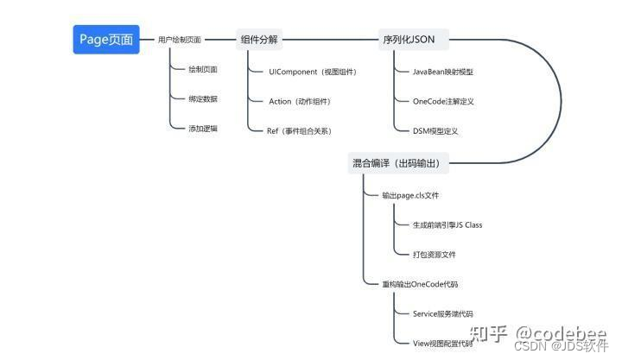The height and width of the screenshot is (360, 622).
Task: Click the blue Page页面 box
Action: (106, 39)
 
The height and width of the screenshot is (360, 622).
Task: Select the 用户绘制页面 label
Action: (180, 40)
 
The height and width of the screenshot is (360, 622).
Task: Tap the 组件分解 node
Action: (260, 40)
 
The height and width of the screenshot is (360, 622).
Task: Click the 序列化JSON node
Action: (409, 40)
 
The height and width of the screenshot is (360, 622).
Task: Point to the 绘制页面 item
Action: (203, 69)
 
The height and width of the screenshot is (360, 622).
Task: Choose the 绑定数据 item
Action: (203, 98)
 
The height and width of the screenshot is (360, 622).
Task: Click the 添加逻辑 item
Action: (203, 128)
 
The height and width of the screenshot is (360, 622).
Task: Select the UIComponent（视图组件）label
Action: (312, 72)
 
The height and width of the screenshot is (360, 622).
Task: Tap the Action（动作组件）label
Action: (300, 101)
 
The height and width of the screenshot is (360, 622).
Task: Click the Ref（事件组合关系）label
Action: (300, 130)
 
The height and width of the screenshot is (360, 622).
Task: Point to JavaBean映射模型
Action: (442, 72)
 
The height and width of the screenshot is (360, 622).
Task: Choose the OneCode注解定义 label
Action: (443, 101)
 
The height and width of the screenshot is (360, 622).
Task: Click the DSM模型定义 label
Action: (435, 130)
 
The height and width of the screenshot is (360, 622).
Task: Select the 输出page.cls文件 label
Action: (410, 195)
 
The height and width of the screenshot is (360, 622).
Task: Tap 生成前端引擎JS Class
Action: (447, 224)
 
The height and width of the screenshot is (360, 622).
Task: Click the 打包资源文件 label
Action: (435, 254)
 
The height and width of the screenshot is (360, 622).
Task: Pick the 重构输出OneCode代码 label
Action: (420, 284)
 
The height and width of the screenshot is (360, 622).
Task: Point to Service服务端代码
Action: (442, 313)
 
